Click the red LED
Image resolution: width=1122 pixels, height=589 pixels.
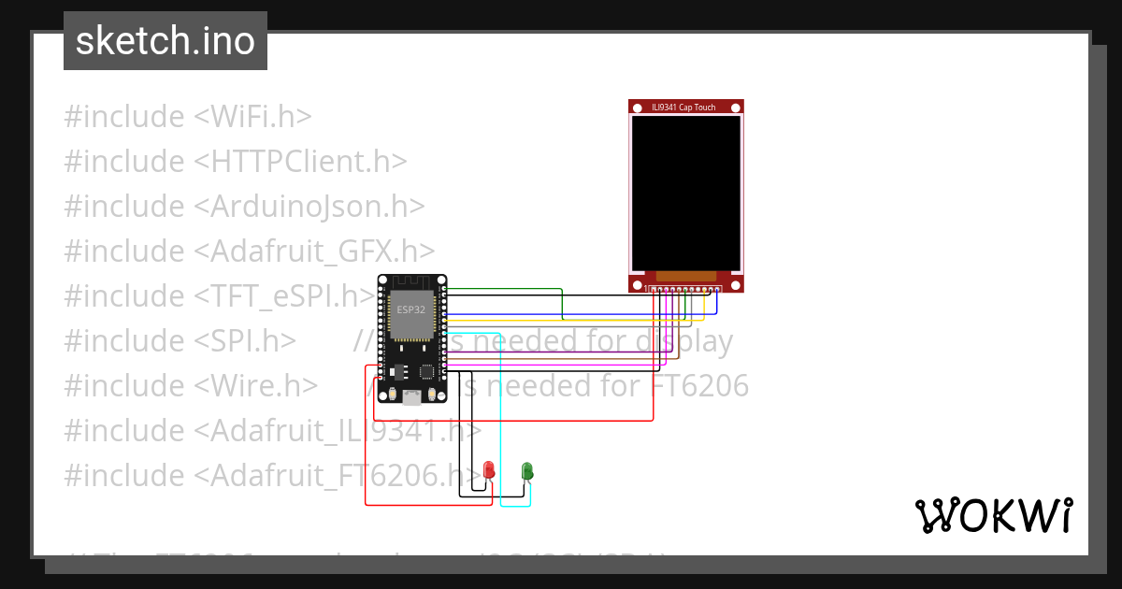[x=488, y=469]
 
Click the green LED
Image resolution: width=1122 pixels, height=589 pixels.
[x=527, y=470]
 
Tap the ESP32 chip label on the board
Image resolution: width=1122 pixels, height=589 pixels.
[x=410, y=309]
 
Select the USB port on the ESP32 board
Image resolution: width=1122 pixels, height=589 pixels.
[x=410, y=398]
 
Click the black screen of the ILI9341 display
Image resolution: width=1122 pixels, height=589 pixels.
[x=686, y=193]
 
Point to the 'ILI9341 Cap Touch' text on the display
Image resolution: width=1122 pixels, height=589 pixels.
[x=683, y=108]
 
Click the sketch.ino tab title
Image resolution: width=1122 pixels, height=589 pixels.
[x=165, y=41]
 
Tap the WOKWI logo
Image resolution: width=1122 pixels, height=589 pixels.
[x=993, y=515]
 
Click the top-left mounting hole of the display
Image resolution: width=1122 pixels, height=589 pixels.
[x=637, y=108]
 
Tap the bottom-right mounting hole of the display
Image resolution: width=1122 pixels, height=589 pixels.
[x=736, y=284]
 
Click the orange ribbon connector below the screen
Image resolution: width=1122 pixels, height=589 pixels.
[x=686, y=276]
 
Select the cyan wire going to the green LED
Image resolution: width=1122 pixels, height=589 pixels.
[x=501, y=421]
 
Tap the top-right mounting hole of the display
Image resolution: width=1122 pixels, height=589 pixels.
[x=736, y=108]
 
